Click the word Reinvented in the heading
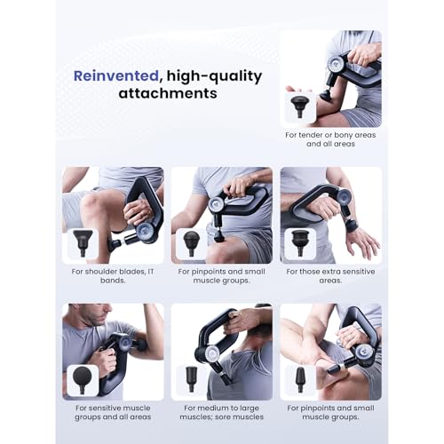tap(116, 75)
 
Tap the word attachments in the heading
tap(168, 93)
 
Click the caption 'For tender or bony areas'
tap(330, 135)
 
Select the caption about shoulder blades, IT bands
tap(113, 276)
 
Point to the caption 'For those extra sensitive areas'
tap(330, 276)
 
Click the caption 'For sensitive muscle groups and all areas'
tap(113, 412)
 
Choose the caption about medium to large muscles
tap(222, 412)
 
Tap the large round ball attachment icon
tap(83, 380)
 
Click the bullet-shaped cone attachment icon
tap(300, 379)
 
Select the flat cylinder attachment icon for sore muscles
tap(191, 379)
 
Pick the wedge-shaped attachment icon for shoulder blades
tap(83, 243)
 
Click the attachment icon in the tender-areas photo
tap(300, 107)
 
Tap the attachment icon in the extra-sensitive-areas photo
tap(300, 243)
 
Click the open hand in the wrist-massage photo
tap(361, 242)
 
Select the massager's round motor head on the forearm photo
tap(336, 63)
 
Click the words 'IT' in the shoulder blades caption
tap(151, 272)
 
